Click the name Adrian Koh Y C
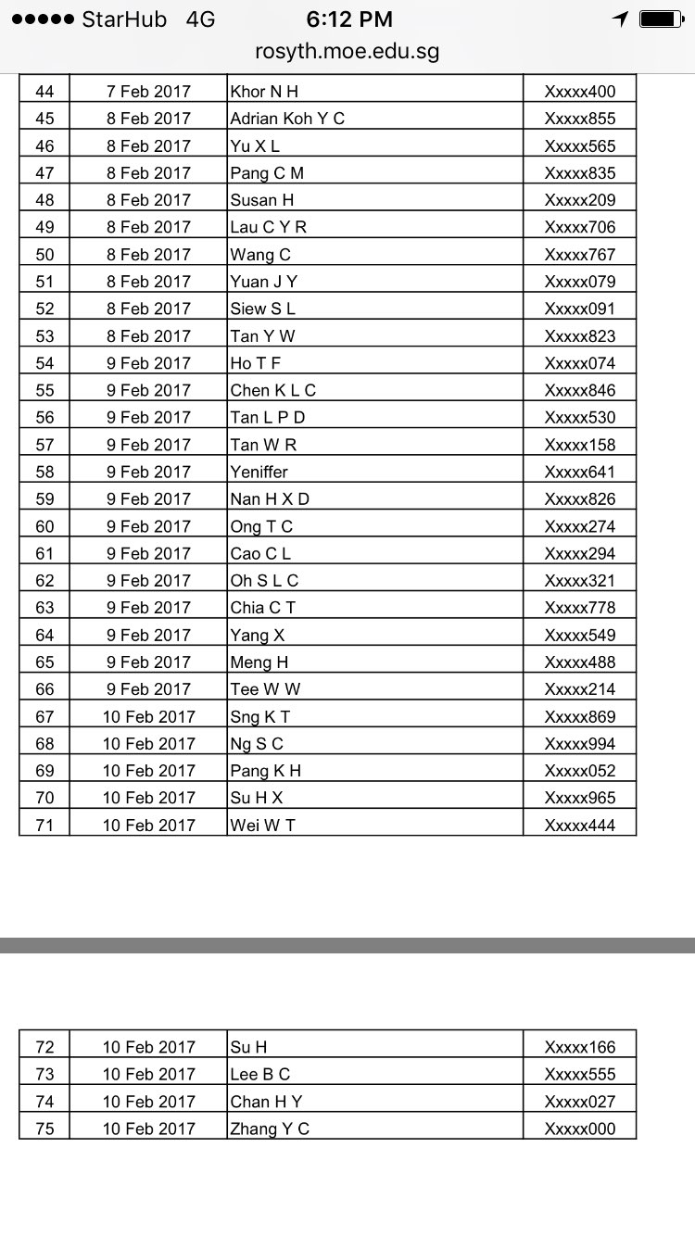tap(287, 119)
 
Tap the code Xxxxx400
tap(579, 92)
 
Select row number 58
tap(44, 472)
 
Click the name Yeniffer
tap(259, 472)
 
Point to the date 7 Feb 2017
tap(148, 92)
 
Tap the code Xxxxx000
tap(579, 1129)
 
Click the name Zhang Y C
tap(270, 1129)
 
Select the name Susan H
tap(262, 200)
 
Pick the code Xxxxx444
tap(579, 826)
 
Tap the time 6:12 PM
tap(349, 19)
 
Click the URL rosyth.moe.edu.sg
tap(347, 52)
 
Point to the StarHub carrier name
tap(124, 19)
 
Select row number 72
tap(44, 1047)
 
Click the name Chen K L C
tap(273, 390)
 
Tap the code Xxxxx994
tap(579, 744)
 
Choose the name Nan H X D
tap(270, 499)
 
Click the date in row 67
tap(148, 716)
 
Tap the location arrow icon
tap(620, 19)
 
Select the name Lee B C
tap(260, 1075)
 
